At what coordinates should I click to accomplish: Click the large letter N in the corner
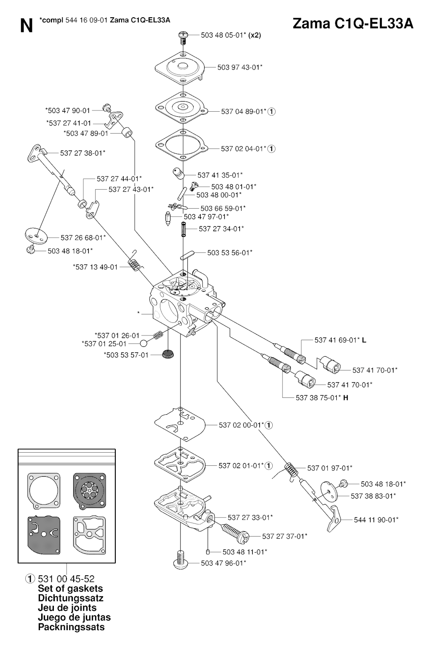[26, 26]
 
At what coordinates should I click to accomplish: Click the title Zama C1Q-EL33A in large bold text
[353, 24]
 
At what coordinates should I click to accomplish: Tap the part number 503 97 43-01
[239, 67]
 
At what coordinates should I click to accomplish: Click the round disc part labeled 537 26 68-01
[37, 234]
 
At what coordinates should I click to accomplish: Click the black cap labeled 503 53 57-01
[169, 354]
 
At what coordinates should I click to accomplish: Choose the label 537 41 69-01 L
[340, 340]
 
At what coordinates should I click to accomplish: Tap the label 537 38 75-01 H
[322, 397]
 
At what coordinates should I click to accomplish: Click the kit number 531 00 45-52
[66, 579]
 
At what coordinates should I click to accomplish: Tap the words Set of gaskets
[70, 588]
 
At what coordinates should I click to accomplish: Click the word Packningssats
[71, 627]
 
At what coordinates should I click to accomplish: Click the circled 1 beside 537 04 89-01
[271, 112]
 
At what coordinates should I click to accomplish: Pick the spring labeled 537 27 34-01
[184, 230]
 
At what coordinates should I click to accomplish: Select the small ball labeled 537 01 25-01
[144, 343]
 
